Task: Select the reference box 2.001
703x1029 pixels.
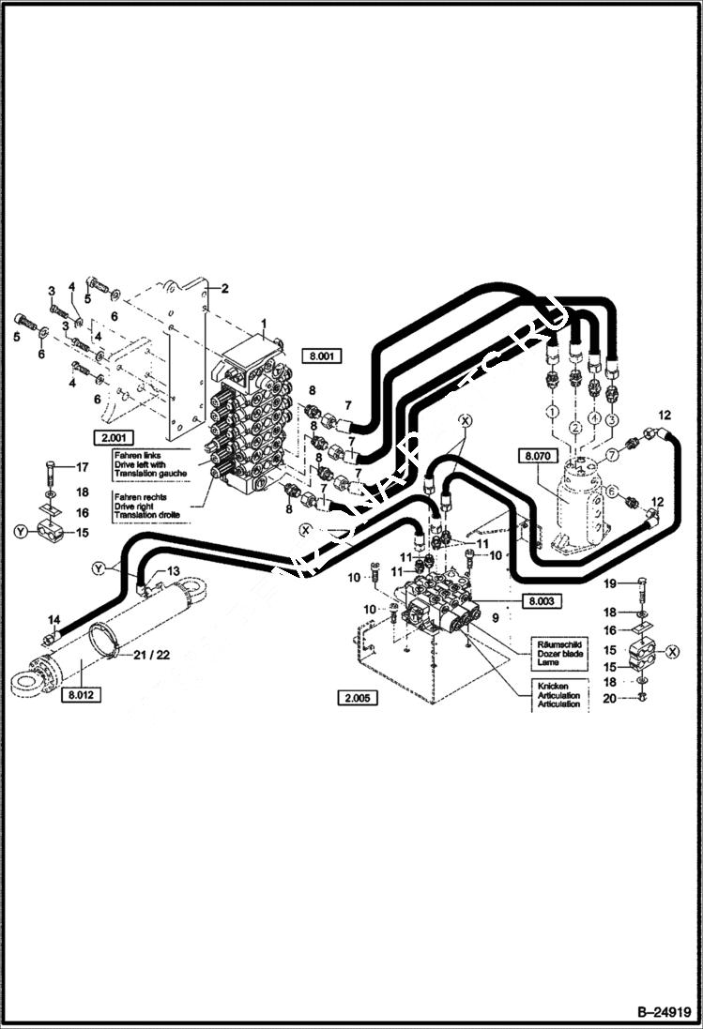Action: click(x=112, y=436)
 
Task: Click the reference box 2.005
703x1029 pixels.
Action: click(x=358, y=697)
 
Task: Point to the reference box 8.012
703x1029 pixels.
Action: click(x=84, y=695)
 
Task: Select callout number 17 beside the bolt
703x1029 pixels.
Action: click(x=81, y=467)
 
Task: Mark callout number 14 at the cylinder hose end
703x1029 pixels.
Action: click(x=54, y=619)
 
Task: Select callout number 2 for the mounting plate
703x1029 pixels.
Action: click(x=224, y=288)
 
